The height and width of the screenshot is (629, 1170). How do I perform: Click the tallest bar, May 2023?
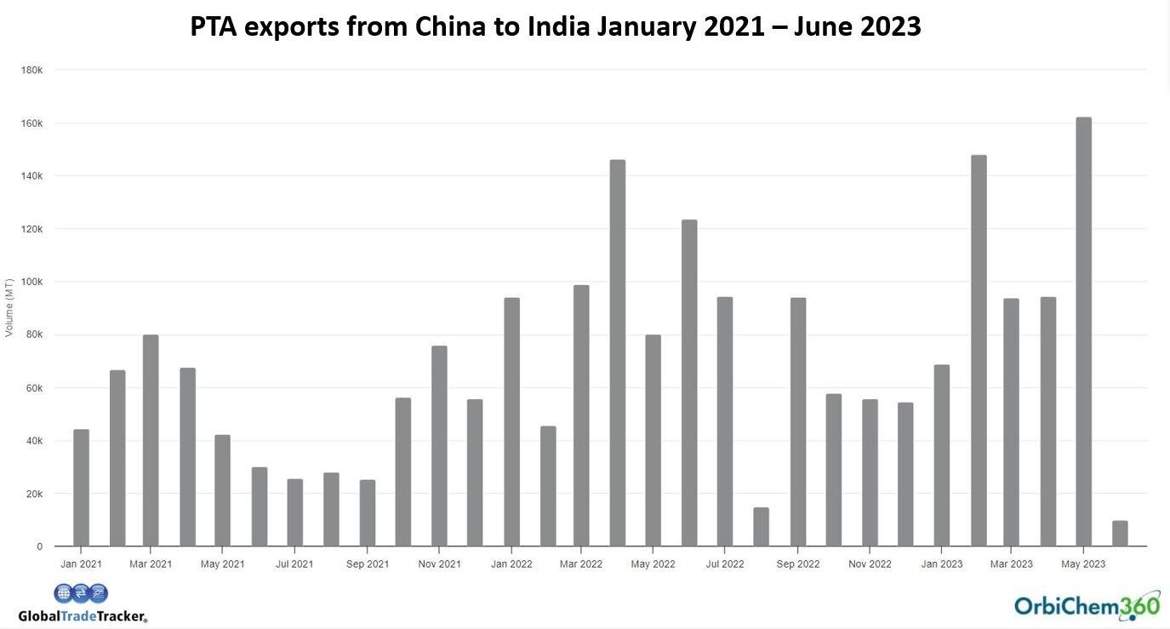(1083, 332)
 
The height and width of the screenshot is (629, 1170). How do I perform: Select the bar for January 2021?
(81, 488)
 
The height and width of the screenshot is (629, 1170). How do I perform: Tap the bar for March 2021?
(151, 440)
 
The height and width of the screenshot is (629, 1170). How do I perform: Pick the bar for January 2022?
(511, 422)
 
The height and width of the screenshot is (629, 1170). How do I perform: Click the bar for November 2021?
(439, 446)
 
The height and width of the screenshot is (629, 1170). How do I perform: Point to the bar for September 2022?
(798, 422)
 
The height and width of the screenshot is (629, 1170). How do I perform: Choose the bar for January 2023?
(942, 455)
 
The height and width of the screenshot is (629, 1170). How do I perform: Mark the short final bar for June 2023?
(1120, 534)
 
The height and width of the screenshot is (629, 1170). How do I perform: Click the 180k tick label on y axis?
(31, 70)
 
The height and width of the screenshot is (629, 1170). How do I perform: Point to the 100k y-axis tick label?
(31, 282)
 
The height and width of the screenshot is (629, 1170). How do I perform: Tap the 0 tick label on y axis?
(39, 546)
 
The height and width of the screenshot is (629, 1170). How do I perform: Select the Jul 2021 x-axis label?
(294, 564)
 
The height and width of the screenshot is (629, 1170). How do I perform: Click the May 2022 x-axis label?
(653, 564)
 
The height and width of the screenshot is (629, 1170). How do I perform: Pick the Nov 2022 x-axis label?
(870, 564)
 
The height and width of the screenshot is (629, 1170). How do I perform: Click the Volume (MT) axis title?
(9, 307)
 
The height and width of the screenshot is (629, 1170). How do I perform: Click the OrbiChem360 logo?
(1087, 605)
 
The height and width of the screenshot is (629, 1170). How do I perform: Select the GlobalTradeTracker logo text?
(83, 616)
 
